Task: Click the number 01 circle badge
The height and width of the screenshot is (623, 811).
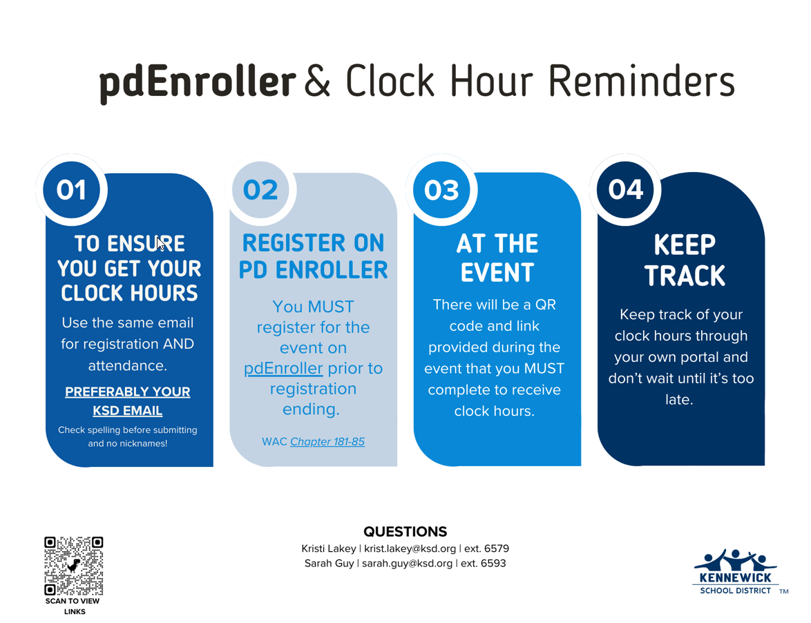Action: pos(71,190)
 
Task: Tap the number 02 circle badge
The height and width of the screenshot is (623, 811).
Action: pos(260,190)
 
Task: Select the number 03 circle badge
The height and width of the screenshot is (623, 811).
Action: pos(441,190)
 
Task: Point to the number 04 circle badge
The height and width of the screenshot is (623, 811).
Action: pos(625,189)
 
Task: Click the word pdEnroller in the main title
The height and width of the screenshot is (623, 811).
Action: pos(197,83)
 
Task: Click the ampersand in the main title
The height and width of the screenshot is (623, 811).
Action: pos(317,82)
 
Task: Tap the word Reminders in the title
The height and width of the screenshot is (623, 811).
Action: pos(641,82)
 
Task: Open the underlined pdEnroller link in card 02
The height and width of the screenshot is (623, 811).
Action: pos(283,369)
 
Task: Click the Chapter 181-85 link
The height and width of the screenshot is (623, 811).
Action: pos(327,441)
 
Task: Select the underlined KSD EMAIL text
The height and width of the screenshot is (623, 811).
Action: pos(128,410)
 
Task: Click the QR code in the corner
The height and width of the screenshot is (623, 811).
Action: pos(73,566)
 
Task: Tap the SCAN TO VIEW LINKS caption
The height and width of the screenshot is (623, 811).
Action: pos(73,606)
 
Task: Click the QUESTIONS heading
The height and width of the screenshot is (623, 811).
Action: pos(405,532)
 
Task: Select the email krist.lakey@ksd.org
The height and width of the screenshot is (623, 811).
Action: pos(410,548)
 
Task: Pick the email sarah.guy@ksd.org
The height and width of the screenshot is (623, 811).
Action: pos(407,563)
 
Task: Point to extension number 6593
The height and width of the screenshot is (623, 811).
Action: pos(493,563)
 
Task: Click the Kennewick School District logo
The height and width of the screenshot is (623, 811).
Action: pos(738,573)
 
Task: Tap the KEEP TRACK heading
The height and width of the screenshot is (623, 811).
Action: pos(685,260)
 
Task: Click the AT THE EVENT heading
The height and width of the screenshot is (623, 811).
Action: pos(497,258)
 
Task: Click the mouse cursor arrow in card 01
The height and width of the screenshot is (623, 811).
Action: pos(161,244)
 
